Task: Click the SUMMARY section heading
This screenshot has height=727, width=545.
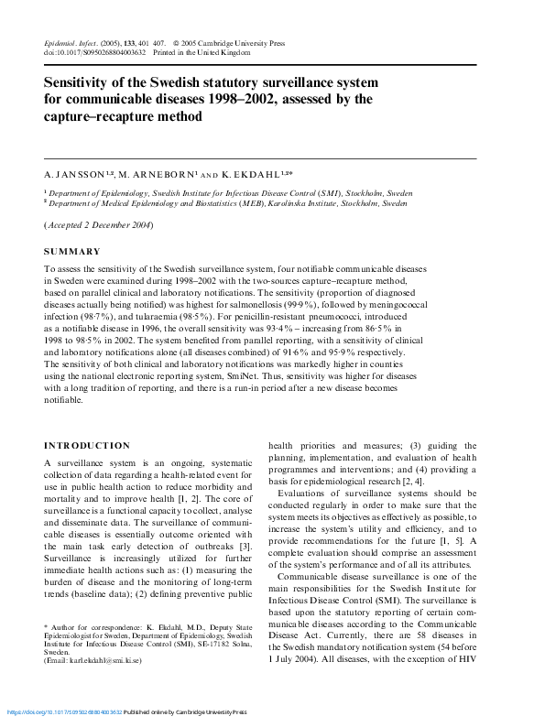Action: pyautogui.click(x=72, y=251)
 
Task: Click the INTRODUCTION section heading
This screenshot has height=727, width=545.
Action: pyautogui.click(x=87, y=446)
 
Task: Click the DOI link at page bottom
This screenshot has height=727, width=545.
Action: pyautogui.click(x=65, y=711)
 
